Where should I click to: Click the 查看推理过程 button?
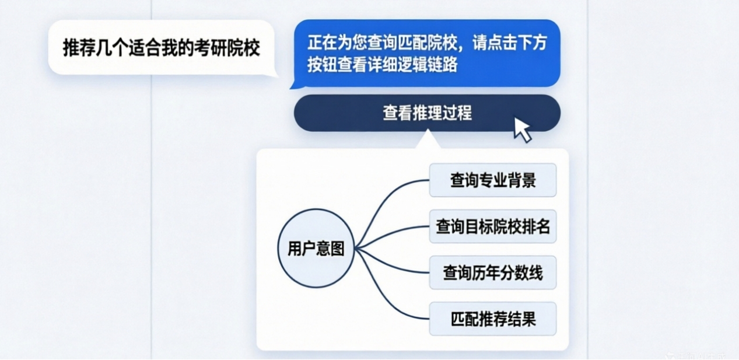[426, 113]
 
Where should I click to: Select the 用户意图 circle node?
[316, 249]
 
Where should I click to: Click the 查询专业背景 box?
[492, 180]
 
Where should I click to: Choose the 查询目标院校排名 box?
[492, 226]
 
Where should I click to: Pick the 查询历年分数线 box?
[492, 272]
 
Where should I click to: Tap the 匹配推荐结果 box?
[492, 319]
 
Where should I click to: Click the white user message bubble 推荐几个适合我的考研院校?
[161, 48]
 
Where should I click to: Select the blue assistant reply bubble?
[426, 54]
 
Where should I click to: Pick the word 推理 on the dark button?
[427, 113]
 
